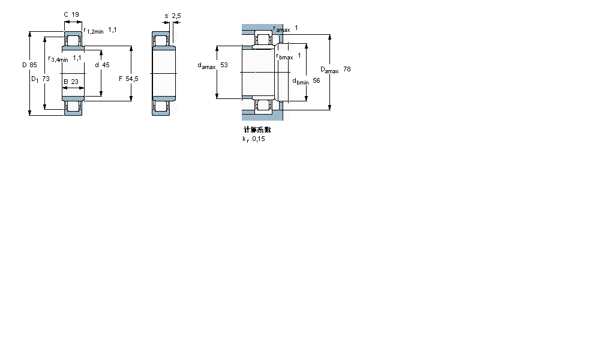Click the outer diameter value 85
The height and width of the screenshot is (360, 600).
pyautogui.click(x=33, y=65)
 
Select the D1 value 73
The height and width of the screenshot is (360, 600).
pyautogui.click(x=46, y=79)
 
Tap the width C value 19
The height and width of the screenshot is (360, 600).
pyautogui.click(x=76, y=14)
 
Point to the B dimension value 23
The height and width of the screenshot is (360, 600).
pyautogui.click(x=75, y=82)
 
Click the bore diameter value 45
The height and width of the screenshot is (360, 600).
pyautogui.click(x=105, y=65)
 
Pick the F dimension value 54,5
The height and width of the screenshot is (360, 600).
pyautogui.click(x=132, y=79)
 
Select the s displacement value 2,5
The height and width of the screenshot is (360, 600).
pyautogui.click(x=176, y=16)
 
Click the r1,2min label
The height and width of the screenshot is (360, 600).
pyautogui.click(x=94, y=31)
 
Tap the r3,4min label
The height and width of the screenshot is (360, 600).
pyautogui.click(x=58, y=59)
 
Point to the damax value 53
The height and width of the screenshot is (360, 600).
pyautogui.click(x=224, y=65)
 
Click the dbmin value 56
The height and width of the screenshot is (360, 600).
pyautogui.click(x=316, y=80)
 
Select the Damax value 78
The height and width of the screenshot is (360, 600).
pyautogui.click(x=347, y=70)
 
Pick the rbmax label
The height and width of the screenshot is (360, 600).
pyautogui.click(x=284, y=57)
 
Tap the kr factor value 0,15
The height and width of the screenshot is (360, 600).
pyautogui.click(x=259, y=139)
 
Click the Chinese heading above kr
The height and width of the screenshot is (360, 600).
pyautogui.click(x=257, y=130)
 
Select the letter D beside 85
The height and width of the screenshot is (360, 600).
pyautogui.click(x=25, y=65)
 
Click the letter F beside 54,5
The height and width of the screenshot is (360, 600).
pyautogui.click(x=121, y=79)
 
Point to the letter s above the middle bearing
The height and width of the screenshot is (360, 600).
pyautogui.click(x=166, y=16)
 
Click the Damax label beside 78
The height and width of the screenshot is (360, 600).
pyautogui.click(x=329, y=70)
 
